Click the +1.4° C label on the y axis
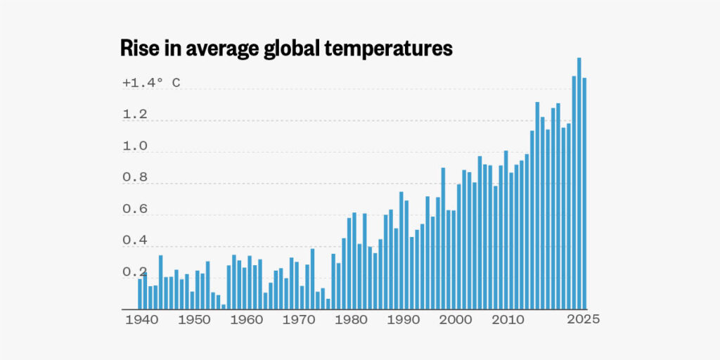click(x=151, y=83)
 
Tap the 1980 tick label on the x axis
click(x=349, y=319)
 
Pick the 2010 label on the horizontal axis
click(x=506, y=319)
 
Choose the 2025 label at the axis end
click(x=584, y=319)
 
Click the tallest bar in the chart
click(x=579, y=183)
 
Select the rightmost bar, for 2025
click(x=584, y=193)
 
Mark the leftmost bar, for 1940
click(x=140, y=295)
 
